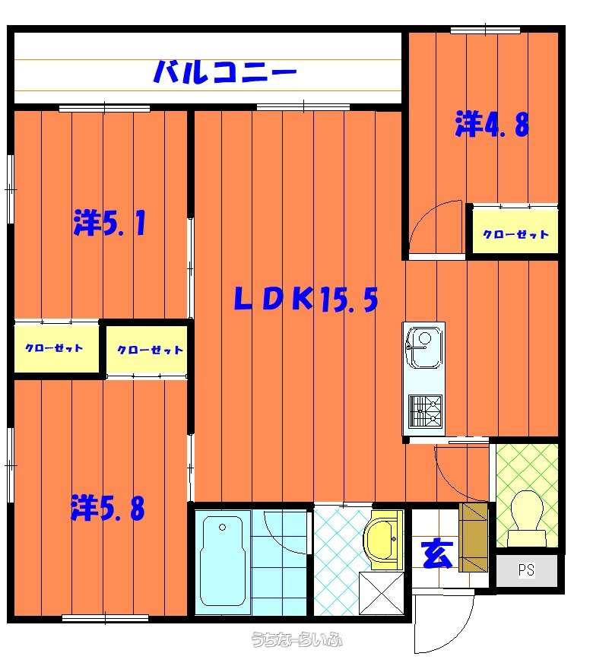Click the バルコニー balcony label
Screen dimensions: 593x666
(225, 71)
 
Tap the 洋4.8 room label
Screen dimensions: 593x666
(492, 124)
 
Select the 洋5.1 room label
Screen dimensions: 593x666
(109, 223)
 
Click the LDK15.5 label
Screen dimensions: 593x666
(306, 299)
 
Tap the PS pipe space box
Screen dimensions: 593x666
(527, 570)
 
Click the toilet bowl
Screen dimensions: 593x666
(527, 519)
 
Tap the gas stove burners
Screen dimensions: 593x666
(425, 411)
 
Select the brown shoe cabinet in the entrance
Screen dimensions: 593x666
(474, 538)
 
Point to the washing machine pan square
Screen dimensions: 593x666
(382, 593)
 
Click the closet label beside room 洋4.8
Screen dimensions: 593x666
(515, 234)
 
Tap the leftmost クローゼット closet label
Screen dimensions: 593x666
(54, 348)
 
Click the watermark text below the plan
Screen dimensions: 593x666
(296, 639)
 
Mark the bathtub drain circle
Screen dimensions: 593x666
(222, 528)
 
